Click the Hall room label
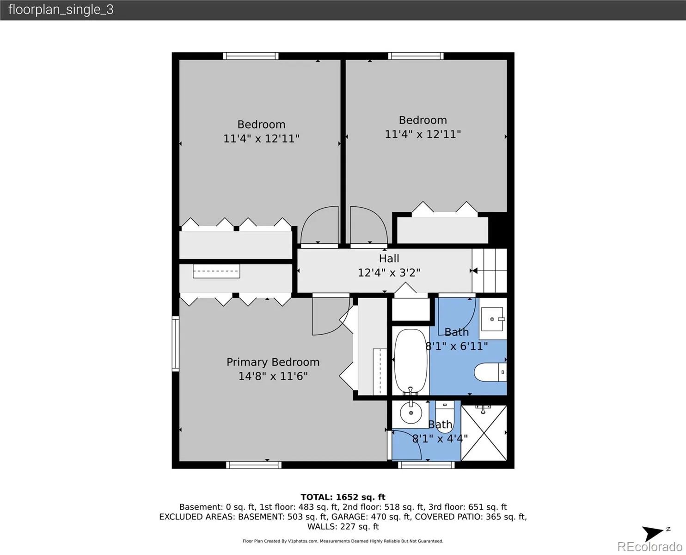click(x=389, y=259)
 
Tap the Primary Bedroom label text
click(x=273, y=362)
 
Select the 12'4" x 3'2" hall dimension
click(x=389, y=273)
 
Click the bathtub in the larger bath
click(x=410, y=361)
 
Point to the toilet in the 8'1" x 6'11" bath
click(x=490, y=372)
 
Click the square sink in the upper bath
click(x=492, y=319)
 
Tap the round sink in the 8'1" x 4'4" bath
click(x=410, y=413)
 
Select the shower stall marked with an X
click(x=484, y=433)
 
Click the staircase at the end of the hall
click(x=490, y=271)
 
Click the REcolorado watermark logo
click(x=649, y=547)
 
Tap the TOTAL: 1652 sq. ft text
click(x=343, y=497)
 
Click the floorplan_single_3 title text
click(x=61, y=10)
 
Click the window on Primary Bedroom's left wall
click(x=175, y=344)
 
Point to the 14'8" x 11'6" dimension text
click(x=273, y=376)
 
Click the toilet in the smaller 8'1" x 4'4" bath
click(x=444, y=411)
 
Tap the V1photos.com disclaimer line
click(x=343, y=541)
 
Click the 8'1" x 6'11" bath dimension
click(x=456, y=346)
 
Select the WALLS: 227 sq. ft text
click(x=343, y=527)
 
